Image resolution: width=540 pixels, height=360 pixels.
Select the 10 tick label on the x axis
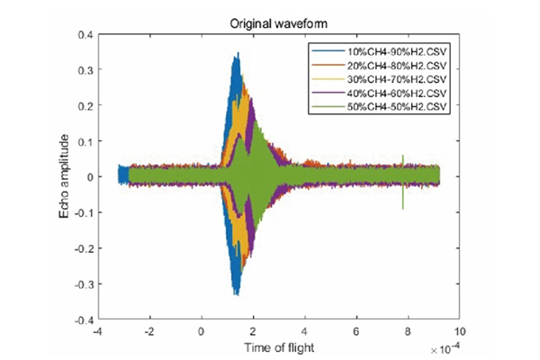462,331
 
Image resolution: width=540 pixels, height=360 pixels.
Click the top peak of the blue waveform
238,55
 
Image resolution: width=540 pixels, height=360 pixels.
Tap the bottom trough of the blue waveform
236,294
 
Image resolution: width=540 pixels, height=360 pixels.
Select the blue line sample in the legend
323,53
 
